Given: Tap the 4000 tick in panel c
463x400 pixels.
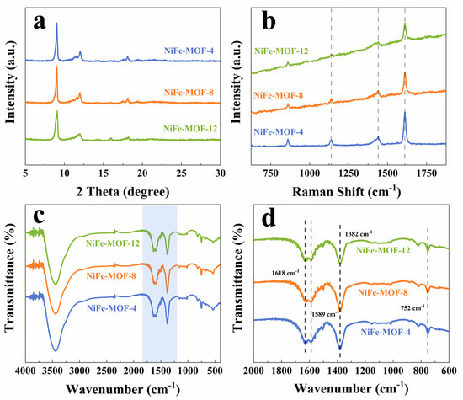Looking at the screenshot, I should pos(26,371).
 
